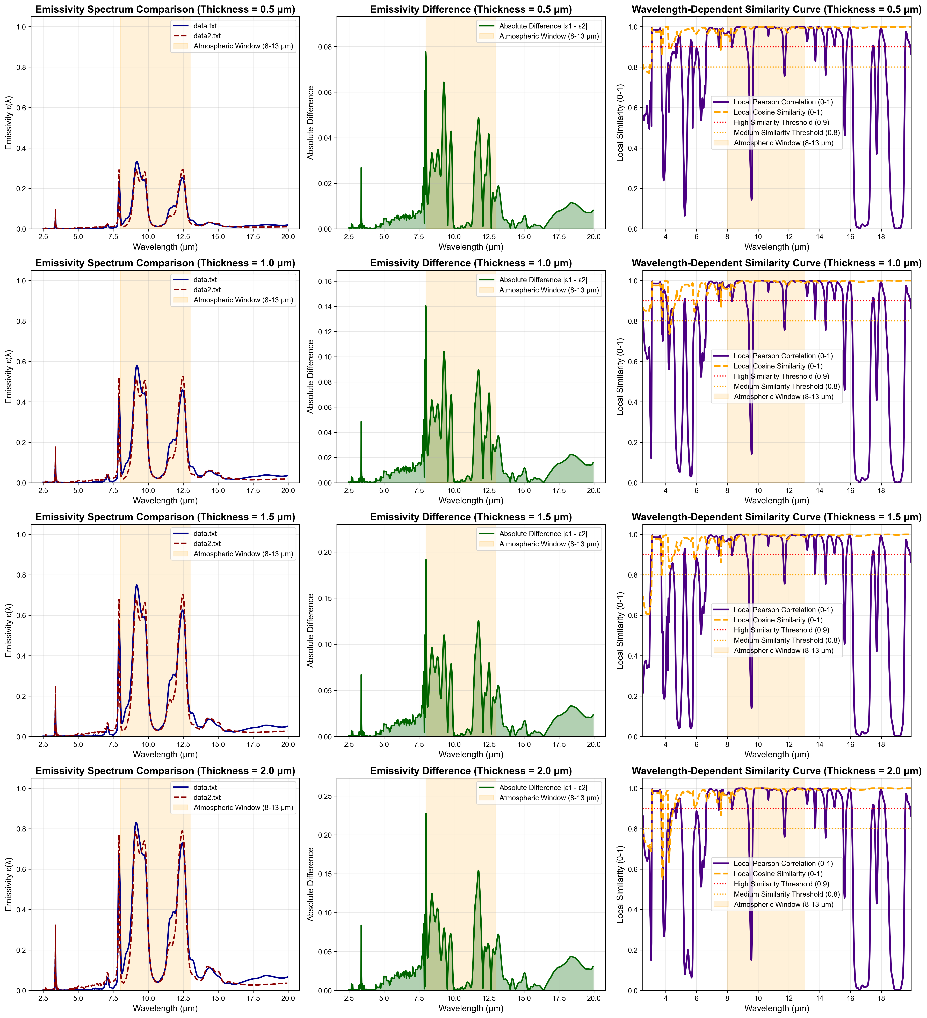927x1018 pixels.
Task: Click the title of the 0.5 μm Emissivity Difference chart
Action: (471, 10)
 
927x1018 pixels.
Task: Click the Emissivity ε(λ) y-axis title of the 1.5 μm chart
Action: (9, 630)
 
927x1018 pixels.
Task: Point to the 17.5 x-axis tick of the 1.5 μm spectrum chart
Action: (253, 744)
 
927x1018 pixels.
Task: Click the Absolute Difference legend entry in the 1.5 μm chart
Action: (543, 534)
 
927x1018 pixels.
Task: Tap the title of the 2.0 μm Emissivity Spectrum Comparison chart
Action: (165, 771)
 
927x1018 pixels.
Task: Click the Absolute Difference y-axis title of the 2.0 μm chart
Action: (311, 884)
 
